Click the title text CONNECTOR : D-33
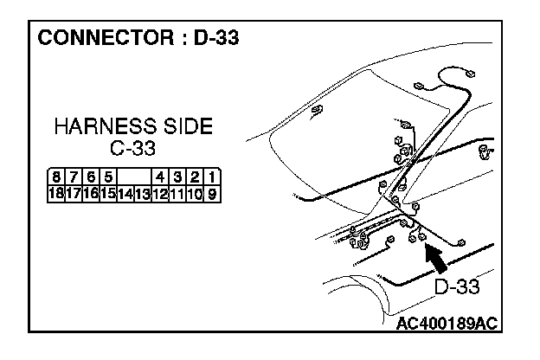(138, 39)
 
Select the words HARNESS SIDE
(132, 127)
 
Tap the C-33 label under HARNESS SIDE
(132, 148)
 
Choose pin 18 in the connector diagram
(55, 192)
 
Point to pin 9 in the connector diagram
(210, 192)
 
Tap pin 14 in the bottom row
(125, 192)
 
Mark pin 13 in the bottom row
(143, 192)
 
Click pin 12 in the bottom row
(160, 192)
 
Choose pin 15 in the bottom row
(107, 192)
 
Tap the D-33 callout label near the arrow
(456, 286)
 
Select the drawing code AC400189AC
(447, 323)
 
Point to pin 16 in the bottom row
(89, 192)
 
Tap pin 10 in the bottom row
(195, 192)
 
